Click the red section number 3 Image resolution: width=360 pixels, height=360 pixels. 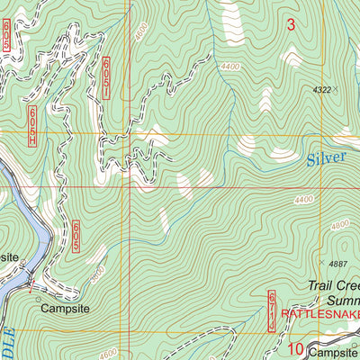(290, 25)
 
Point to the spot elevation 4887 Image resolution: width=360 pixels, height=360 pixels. (337, 263)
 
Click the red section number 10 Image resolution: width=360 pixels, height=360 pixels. (295, 348)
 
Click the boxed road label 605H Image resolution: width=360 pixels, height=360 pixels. (32, 126)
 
